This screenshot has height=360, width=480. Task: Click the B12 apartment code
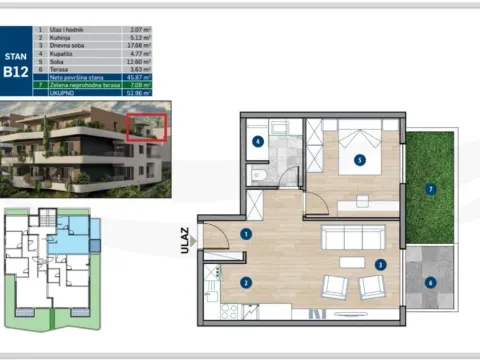point(15,71)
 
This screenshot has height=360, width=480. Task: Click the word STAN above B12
point(15,57)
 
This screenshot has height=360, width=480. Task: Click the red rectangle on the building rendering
point(145,128)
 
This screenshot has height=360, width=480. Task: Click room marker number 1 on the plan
point(244,234)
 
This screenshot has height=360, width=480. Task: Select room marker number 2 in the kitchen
point(245,283)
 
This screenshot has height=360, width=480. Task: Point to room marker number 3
point(380,265)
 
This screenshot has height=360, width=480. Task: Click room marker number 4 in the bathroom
point(258,142)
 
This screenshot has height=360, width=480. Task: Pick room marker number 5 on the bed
point(358,158)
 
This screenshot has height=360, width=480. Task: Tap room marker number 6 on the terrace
point(430,283)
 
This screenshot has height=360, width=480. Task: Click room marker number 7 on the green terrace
point(430,188)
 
